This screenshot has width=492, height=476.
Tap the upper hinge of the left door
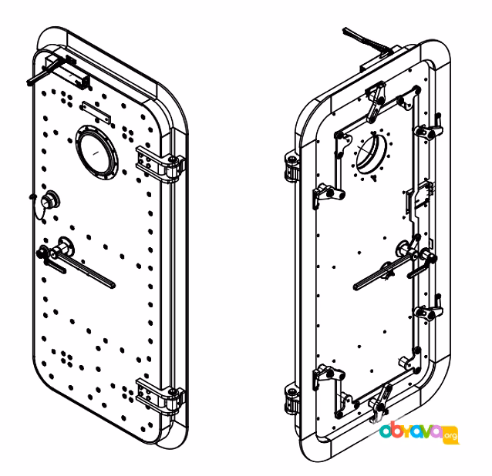point(160,165)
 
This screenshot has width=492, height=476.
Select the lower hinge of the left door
point(160,397)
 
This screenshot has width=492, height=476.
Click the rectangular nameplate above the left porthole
point(96,112)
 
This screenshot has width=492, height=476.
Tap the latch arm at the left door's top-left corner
point(44,72)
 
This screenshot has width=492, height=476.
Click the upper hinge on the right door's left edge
point(291,167)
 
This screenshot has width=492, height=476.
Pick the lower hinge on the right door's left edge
point(291,399)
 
